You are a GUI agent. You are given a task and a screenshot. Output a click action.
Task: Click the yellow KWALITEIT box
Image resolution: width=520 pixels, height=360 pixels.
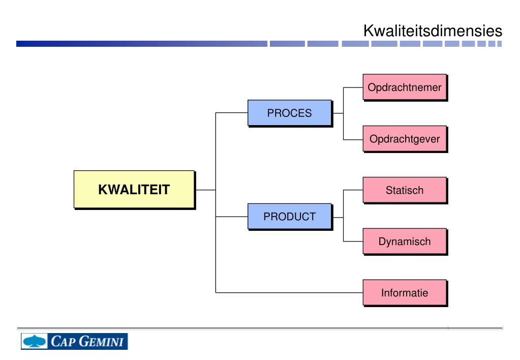click(134, 190)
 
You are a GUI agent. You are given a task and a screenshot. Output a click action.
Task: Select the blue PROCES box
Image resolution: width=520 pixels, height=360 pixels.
click(289, 113)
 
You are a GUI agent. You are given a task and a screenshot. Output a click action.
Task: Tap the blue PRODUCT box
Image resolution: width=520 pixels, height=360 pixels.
click(289, 216)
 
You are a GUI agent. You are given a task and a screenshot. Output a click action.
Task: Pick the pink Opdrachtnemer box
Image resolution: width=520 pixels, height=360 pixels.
click(405, 87)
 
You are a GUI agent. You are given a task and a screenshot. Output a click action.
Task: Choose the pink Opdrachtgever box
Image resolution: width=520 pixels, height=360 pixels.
click(405, 138)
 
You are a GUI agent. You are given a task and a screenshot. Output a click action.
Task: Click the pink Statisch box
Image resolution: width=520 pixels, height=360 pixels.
click(405, 190)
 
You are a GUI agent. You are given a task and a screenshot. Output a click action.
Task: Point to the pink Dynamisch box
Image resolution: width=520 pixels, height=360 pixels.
click(405, 242)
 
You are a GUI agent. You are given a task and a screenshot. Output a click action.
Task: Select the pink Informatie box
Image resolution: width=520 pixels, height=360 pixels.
click(405, 292)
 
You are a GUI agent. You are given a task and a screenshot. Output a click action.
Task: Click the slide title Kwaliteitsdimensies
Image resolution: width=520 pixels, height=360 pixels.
click(433, 31)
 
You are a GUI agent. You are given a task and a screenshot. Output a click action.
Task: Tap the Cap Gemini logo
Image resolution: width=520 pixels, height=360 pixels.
click(74, 341)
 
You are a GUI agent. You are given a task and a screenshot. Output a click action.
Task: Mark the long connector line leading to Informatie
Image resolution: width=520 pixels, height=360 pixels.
click(290, 292)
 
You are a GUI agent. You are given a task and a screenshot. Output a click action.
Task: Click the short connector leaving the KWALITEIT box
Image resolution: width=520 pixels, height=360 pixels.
click(205, 190)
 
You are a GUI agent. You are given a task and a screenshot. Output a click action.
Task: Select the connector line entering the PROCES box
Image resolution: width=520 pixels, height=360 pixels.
click(231, 113)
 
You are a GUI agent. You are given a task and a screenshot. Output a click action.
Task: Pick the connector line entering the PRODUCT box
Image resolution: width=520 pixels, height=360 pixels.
click(231, 217)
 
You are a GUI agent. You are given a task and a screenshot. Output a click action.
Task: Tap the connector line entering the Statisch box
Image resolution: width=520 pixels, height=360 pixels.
click(353, 190)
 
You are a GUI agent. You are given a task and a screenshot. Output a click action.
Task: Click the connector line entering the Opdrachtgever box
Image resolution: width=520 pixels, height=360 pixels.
click(353, 139)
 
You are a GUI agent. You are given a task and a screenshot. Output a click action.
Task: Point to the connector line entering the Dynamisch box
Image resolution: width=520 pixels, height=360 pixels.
click(353, 242)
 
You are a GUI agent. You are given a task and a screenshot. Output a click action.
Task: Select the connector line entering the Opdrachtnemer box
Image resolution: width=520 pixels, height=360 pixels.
click(353, 87)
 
